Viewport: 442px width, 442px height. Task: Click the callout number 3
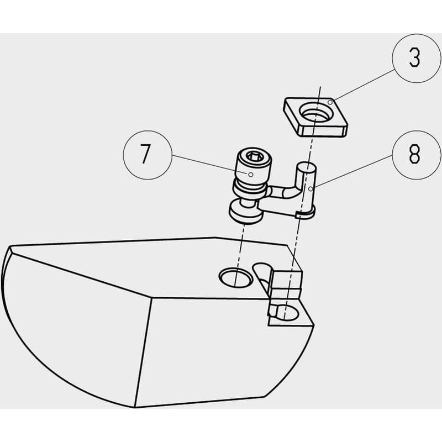(415, 58)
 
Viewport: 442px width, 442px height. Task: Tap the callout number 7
(145, 154)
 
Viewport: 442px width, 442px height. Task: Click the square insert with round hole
(315, 117)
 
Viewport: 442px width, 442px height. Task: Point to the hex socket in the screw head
(254, 156)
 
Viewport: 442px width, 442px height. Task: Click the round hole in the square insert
(317, 113)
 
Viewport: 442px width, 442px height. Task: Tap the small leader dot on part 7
(251, 175)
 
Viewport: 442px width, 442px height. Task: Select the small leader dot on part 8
(311, 189)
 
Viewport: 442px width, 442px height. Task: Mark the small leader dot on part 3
(330, 102)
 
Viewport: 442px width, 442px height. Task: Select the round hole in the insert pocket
(285, 313)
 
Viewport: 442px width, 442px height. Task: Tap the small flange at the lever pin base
(306, 213)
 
